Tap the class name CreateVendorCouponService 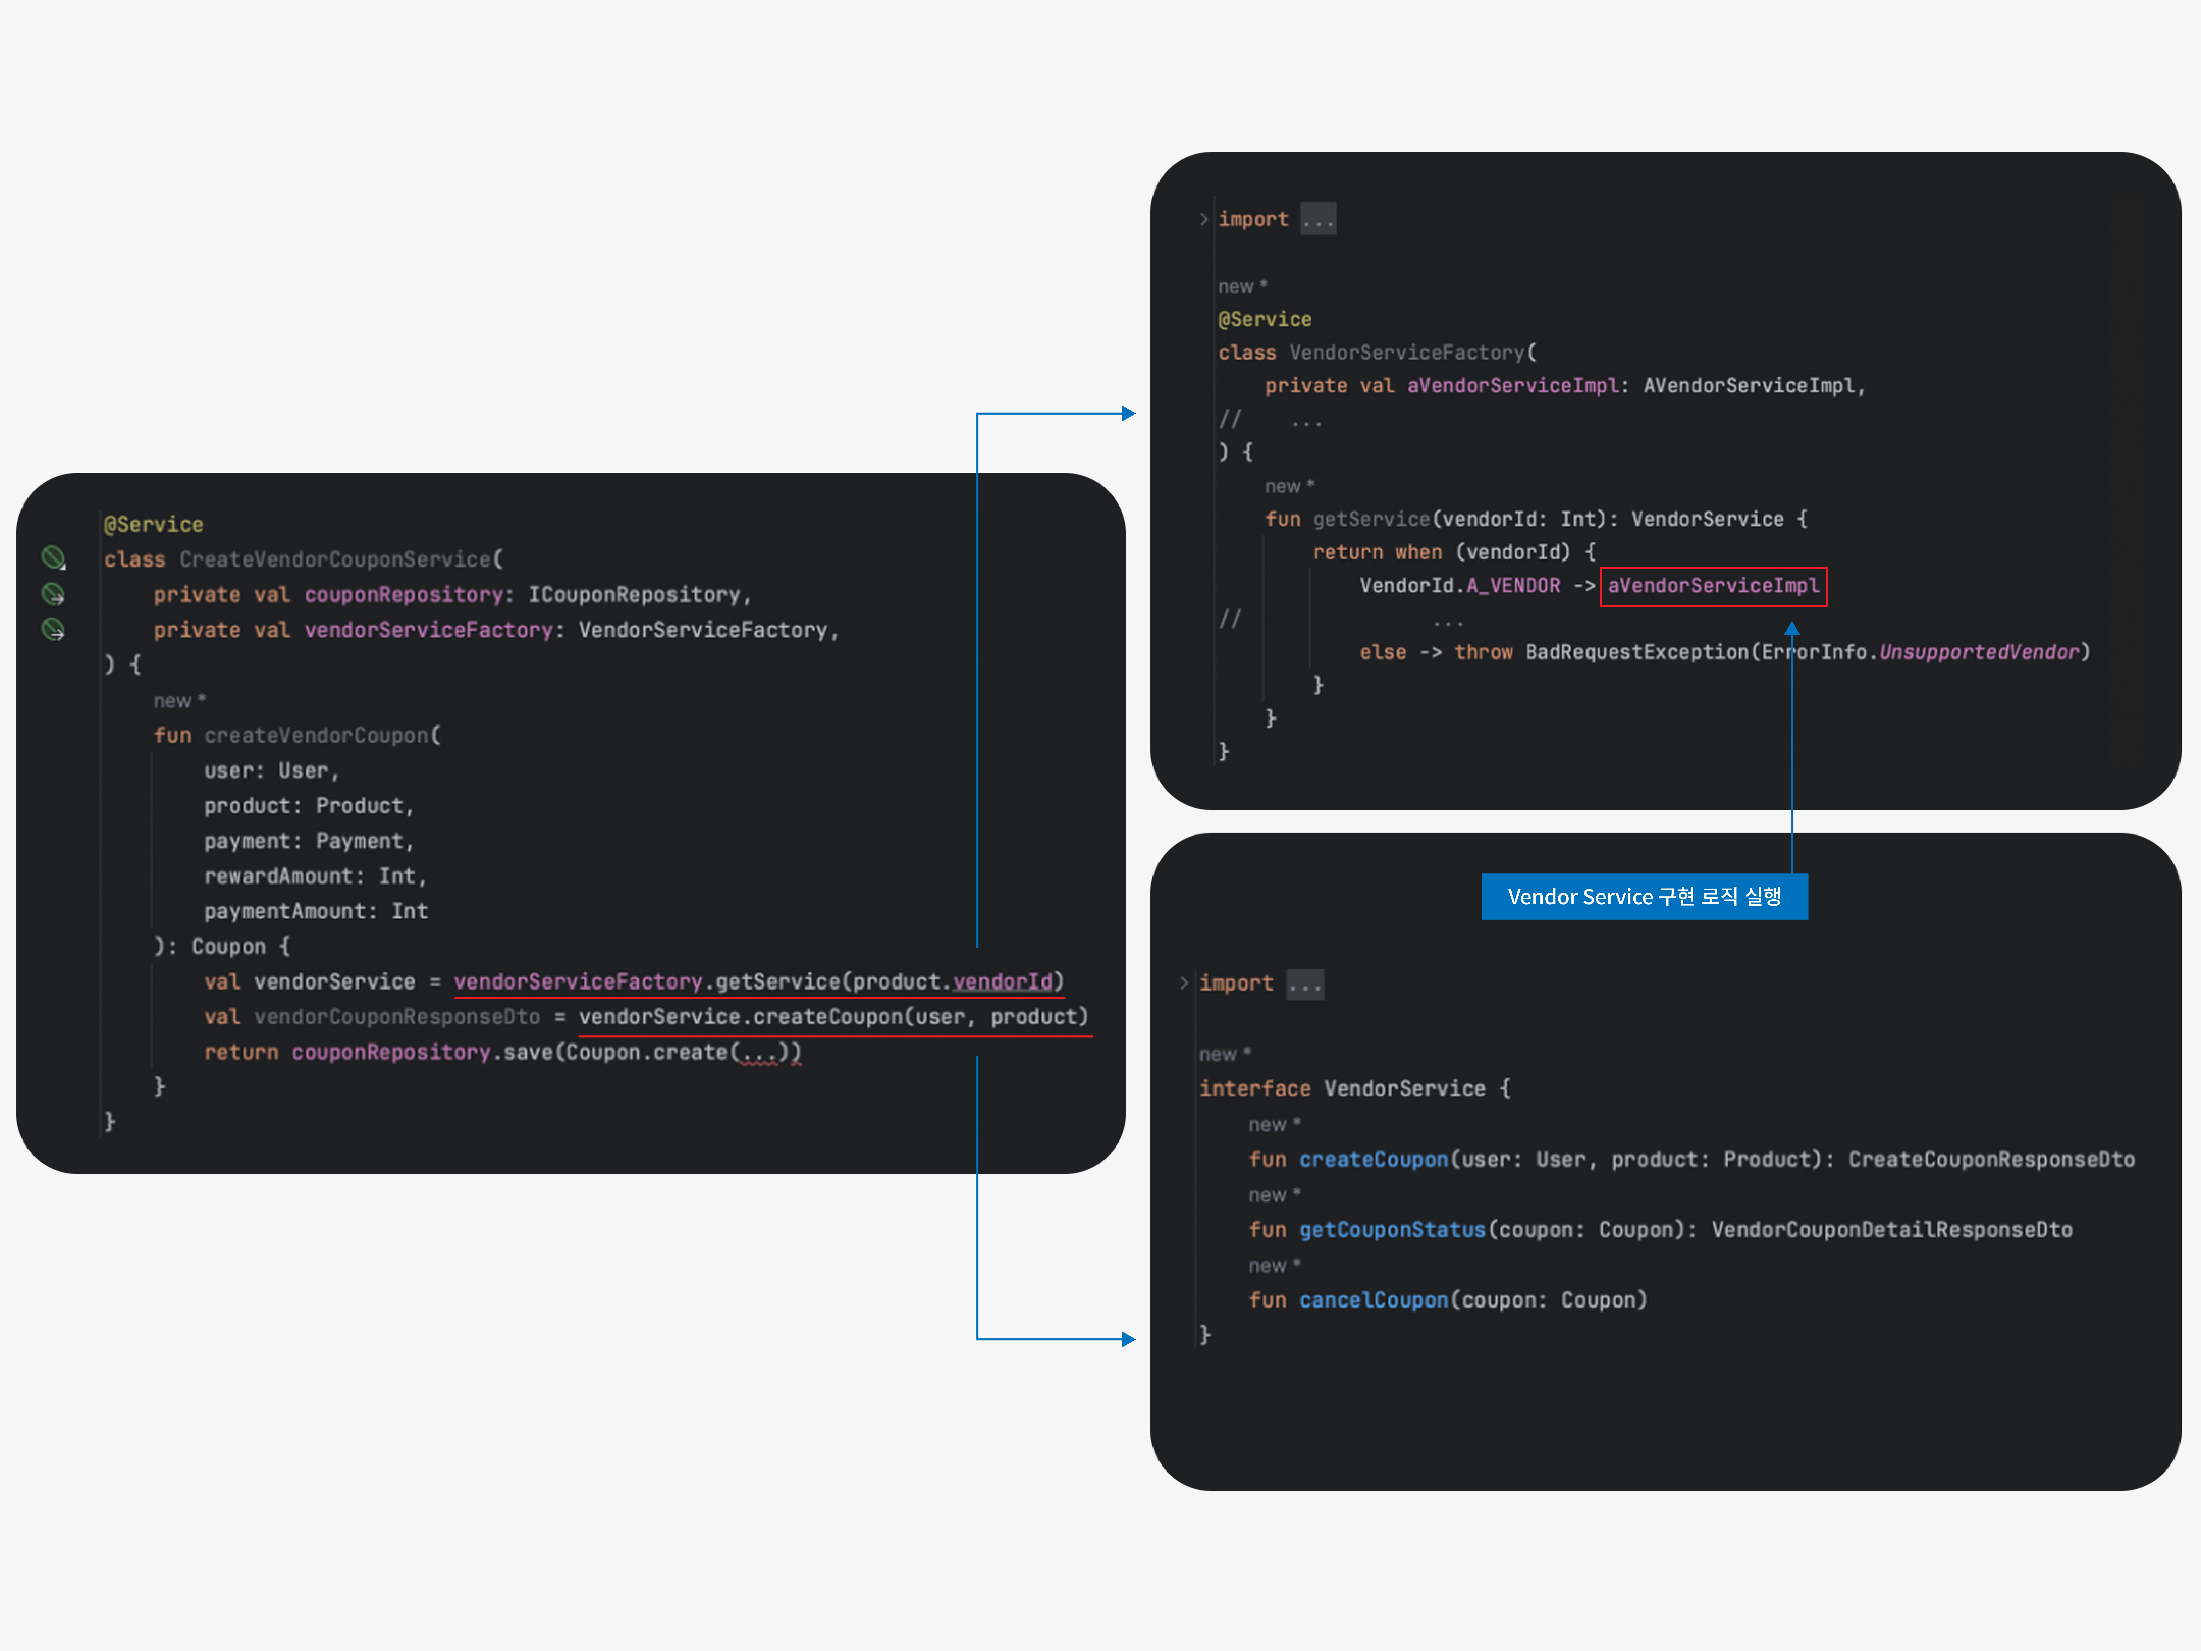point(335,559)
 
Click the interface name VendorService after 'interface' point(1404,1089)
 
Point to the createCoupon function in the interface point(1373,1159)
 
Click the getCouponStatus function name point(1392,1230)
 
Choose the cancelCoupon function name point(1373,1301)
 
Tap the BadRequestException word point(1637,652)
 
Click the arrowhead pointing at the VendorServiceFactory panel point(1128,413)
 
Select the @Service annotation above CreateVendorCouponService point(153,524)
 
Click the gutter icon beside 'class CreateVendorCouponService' point(53,557)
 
